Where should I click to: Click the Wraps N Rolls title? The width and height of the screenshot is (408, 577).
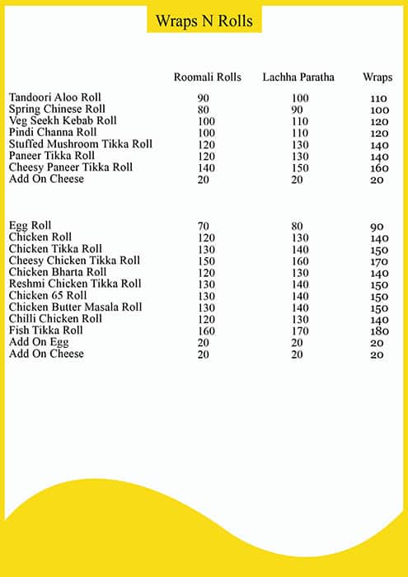(x=204, y=20)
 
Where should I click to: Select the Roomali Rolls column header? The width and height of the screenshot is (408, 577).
(x=207, y=77)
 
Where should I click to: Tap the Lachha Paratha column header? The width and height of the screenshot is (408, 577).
(x=298, y=77)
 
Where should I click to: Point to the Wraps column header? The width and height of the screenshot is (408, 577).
(x=378, y=77)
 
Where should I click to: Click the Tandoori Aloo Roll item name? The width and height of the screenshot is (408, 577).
(x=55, y=97)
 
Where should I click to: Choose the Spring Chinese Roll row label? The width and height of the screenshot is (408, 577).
(x=56, y=109)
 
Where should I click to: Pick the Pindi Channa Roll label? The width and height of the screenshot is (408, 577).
(x=53, y=132)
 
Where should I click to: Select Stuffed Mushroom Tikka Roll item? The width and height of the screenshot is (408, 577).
(x=81, y=143)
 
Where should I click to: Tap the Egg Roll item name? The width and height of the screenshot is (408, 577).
(x=30, y=225)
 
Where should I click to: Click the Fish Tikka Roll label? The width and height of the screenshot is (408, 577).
(x=46, y=330)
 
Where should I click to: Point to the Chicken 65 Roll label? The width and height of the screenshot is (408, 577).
(x=48, y=295)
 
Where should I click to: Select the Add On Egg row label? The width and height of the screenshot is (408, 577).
(x=36, y=342)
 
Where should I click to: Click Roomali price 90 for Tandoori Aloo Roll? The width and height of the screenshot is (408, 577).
(x=204, y=98)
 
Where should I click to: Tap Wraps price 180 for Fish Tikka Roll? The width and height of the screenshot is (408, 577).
(x=379, y=331)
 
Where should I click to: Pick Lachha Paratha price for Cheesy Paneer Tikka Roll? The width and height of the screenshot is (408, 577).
(x=300, y=167)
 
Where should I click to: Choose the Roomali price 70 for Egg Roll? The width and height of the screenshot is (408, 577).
(x=204, y=225)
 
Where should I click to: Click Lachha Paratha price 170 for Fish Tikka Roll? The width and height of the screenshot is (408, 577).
(x=300, y=331)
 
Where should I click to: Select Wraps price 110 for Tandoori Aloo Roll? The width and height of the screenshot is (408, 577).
(x=379, y=98)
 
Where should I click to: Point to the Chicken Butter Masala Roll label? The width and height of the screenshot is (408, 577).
(x=76, y=307)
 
